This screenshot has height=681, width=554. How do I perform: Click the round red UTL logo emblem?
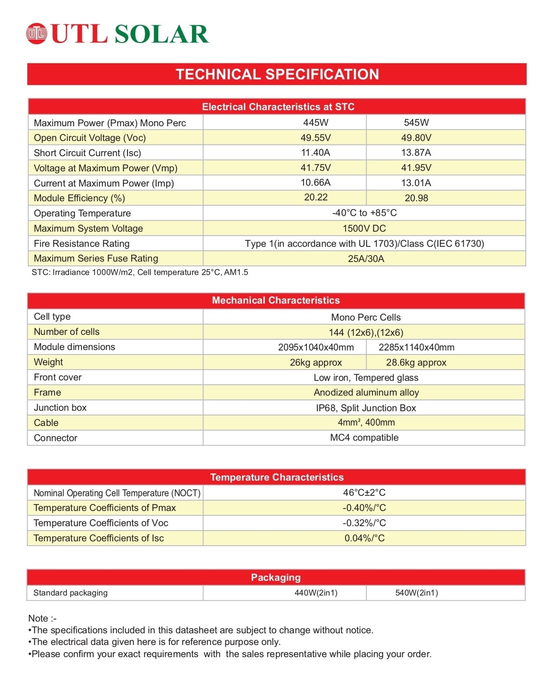pyautogui.click(x=36, y=33)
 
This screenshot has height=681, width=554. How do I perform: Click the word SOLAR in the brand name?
pyautogui.click(x=162, y=34)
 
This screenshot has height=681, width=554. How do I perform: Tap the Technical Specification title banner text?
pyautogui.click(x=277, y=74)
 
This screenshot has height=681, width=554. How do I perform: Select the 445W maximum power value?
pyautogui.click(x=316, y=122)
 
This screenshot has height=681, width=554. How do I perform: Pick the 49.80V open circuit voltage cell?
pyautogui.click(x=416, y=138)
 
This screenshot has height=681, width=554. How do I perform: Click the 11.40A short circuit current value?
pyautogui.click(x=316, y=152)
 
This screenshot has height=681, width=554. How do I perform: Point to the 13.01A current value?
pyautogui.click(x=416, y=183)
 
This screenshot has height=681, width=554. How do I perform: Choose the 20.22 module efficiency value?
pyautogui.click(x=316, y=197)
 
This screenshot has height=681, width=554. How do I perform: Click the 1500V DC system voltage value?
pyautogui.click(x=364, y=228)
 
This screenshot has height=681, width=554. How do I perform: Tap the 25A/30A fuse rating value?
pyautogui.click(x=366, y=259)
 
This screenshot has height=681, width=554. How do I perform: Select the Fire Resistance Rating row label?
pyautogui.click(x=81, y=243)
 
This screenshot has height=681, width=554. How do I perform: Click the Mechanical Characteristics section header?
pyautogui.click(x=276, y=300)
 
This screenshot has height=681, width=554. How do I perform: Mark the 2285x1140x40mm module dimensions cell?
pyautogui.click(x=416, y=347)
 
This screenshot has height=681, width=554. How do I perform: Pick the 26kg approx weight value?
pyautogui.click(x=316, y=362)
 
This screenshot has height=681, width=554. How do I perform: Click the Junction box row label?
pyautogui.click(x=60, y=407)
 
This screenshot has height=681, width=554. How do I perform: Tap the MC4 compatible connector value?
pyautogui.click(x=364, y=437)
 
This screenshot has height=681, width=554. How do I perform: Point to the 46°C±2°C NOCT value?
pyautogui.click(x=364, y=492)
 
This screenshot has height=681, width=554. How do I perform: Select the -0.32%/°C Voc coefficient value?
pyautogui.click(x=364, y=523)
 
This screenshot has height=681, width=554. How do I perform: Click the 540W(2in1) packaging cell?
pyautogui.click(x=416, y=593)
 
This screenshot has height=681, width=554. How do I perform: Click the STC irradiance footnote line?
pyautogui.click(x=140, y=272)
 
